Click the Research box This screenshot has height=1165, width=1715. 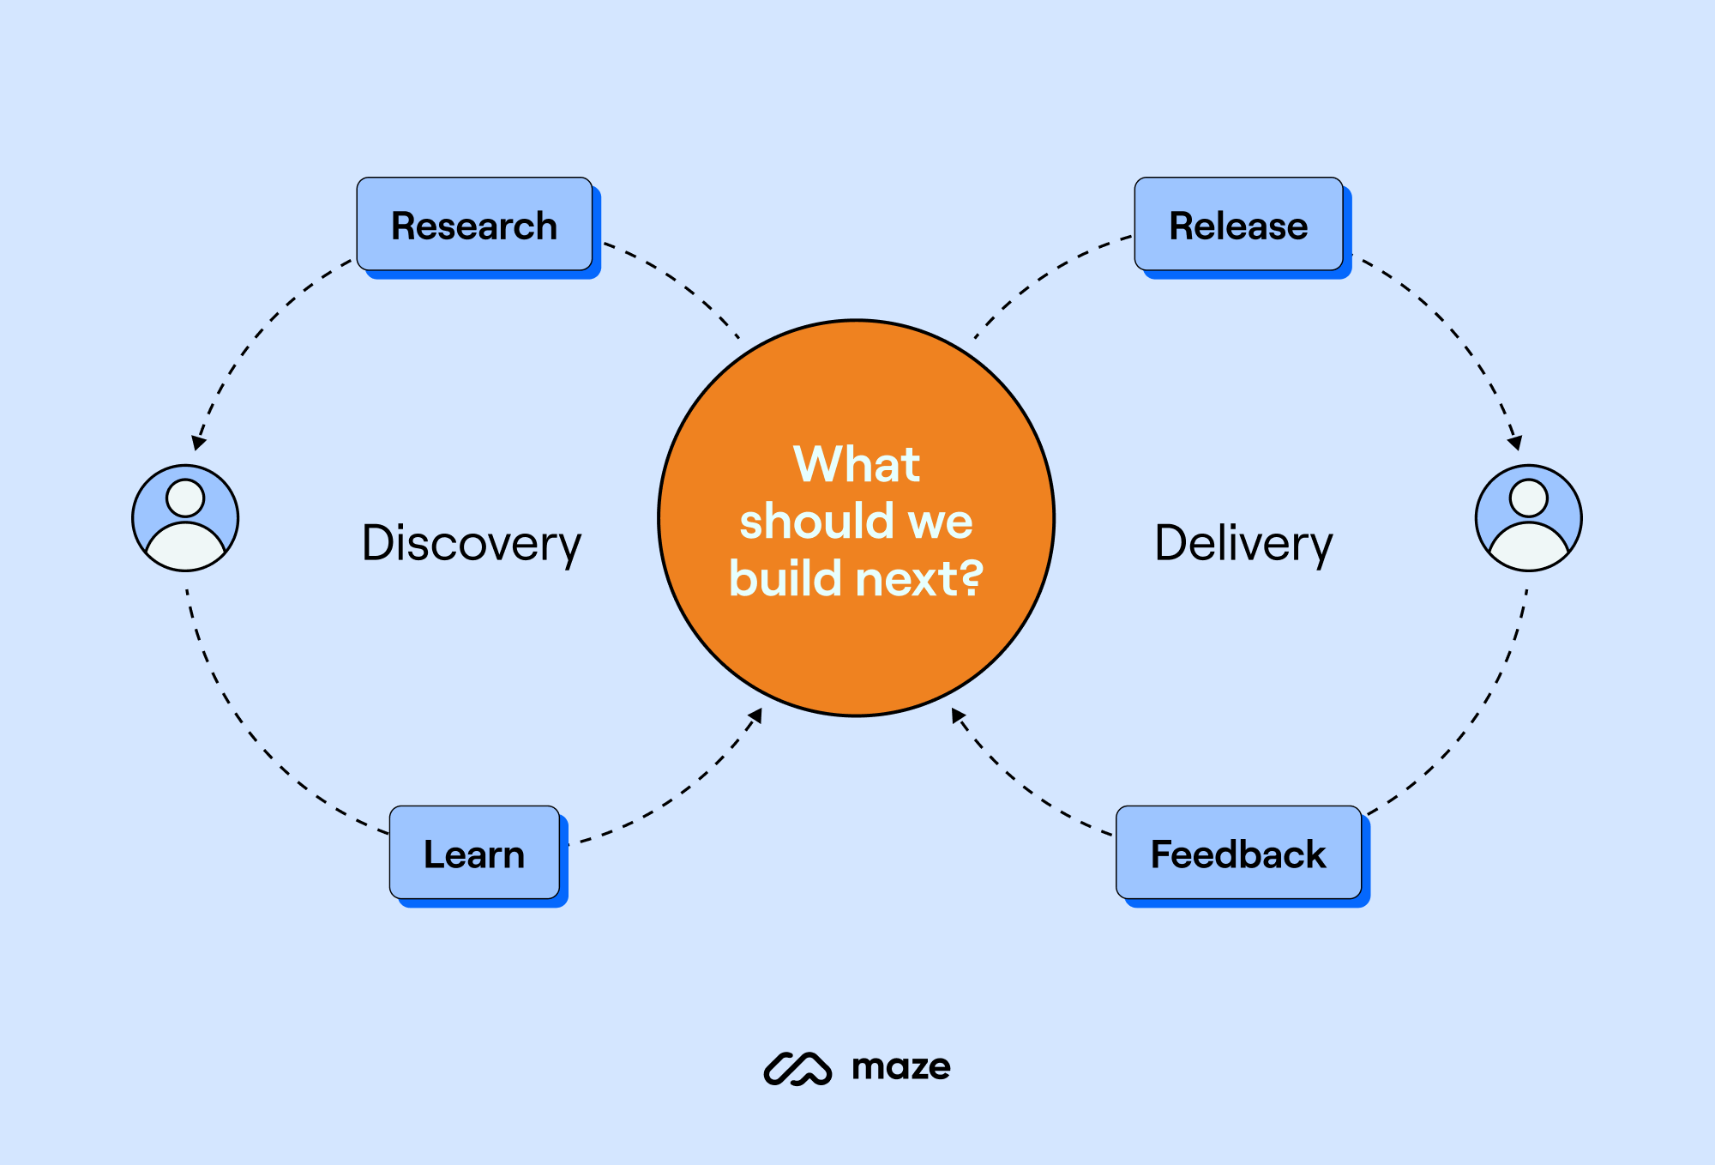[x=474, y=225]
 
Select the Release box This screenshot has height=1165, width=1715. [x=1238, y=225]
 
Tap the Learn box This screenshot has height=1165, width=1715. [x=474, y=853]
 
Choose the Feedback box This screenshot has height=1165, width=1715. [x=1238, y=853]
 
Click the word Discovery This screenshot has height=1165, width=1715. [x=471, y=543]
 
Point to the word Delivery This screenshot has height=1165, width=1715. [x=1243, y=543]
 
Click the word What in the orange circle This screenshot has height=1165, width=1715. [x=856, y=464]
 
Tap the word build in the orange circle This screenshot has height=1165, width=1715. [x=785, y=578]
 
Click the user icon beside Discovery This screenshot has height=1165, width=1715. [x=185, y=518]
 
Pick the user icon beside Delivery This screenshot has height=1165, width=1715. [x=1528, y=518]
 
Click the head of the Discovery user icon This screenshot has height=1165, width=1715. [x=185, y=498]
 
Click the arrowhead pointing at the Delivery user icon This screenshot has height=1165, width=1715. [x=1515, y=443]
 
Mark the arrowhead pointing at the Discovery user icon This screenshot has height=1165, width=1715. [x=198, y=443]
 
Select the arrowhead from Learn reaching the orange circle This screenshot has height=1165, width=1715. [x=755, y=715]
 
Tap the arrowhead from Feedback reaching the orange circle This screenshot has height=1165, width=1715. [x=958, y=715]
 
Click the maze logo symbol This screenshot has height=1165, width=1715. [x=797, y=1068]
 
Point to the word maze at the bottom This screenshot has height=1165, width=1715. [x=900, y=1067]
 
